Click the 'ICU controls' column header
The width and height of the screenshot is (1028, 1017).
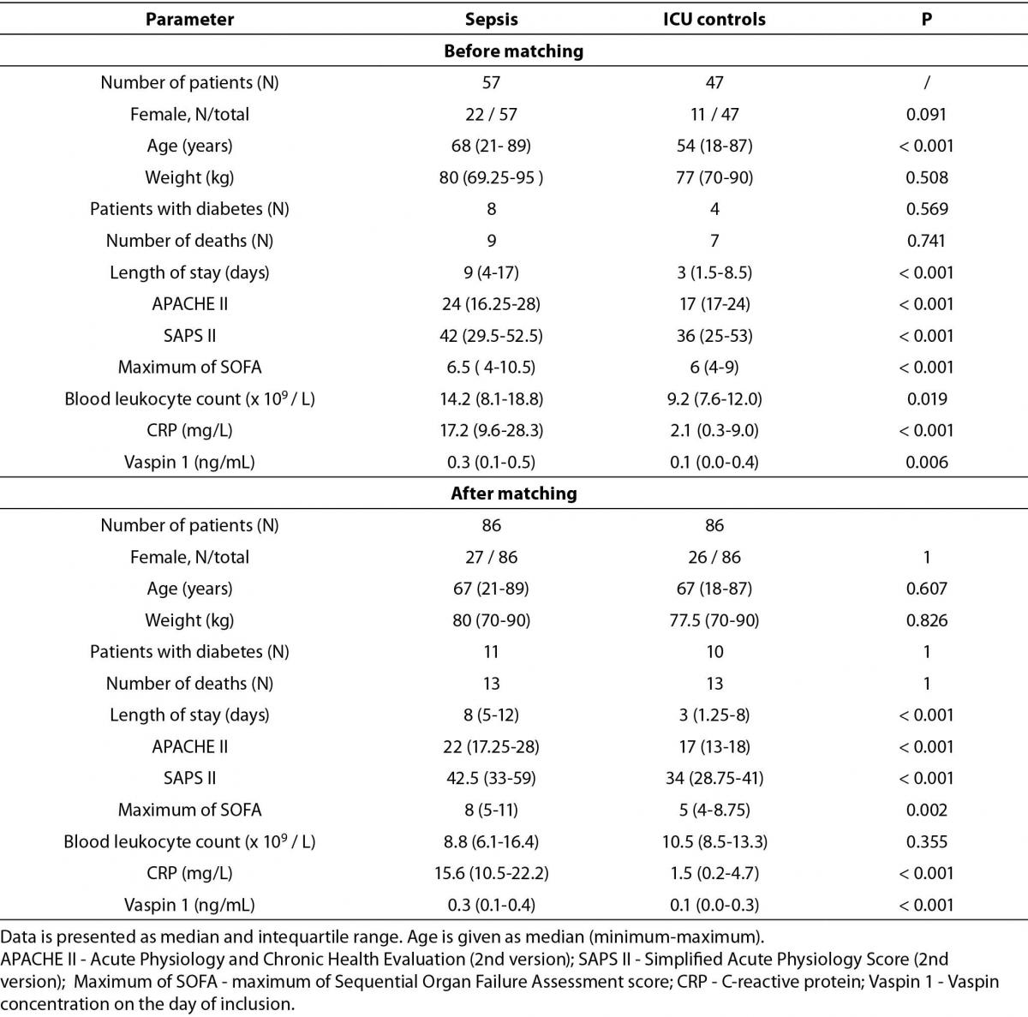[714, 19]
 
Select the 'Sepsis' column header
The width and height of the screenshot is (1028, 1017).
[492, 19]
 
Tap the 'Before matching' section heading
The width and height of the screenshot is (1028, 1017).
[514, 51]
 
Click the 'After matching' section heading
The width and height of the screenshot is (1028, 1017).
[514, 494]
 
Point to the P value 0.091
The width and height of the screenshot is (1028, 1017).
[926, 114]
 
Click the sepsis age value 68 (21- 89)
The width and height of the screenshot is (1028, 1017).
[492, 146]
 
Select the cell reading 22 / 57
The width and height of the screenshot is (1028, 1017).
[492, 114]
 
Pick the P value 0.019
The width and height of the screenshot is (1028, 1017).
[927, 399]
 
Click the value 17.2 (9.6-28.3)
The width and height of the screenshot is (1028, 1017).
[492, 431]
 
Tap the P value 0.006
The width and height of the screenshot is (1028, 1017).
[927, 462]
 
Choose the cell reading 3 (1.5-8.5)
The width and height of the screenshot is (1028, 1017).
[714, 272]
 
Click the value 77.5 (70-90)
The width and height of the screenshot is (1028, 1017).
[714, 620]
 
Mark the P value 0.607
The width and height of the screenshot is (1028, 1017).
[927, 589]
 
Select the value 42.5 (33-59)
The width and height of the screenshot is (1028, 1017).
[492, 778]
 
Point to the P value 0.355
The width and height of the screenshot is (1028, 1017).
[927, 841]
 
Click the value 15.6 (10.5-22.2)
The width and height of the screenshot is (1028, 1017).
[492, 873]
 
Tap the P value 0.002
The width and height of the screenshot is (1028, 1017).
[927, 810]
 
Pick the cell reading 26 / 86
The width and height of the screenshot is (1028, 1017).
[714, 557]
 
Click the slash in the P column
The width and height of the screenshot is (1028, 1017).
[927, 83]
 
